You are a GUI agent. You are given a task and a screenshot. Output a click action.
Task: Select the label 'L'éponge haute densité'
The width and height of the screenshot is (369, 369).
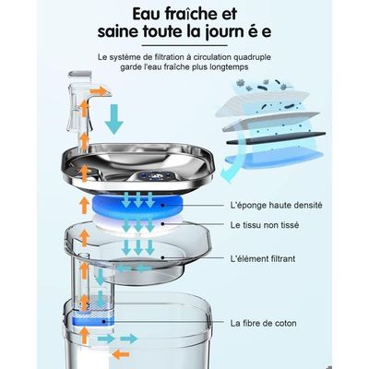276,205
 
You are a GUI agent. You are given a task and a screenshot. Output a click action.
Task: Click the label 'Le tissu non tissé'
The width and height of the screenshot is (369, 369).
265,225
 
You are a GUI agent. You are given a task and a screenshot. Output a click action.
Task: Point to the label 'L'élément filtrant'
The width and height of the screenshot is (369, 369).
263,258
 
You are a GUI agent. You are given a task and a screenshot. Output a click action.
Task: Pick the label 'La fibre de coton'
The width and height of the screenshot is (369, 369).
264,323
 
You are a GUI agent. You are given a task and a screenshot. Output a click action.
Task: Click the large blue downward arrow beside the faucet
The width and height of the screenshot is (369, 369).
113,119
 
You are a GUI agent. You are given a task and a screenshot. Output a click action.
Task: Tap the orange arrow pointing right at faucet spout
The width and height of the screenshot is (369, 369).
99,91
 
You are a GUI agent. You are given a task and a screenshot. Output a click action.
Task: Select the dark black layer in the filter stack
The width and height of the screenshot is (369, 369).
276,138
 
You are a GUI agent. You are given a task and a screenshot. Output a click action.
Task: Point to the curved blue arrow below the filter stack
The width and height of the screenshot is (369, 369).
228,174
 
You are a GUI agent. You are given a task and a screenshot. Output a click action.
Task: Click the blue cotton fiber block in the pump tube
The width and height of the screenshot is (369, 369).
92,320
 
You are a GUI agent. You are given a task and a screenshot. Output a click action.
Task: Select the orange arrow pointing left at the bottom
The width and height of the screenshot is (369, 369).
120,354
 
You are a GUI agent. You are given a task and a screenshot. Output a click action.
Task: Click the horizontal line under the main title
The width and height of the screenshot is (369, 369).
184,46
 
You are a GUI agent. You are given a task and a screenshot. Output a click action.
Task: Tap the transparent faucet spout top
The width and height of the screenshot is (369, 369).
80,75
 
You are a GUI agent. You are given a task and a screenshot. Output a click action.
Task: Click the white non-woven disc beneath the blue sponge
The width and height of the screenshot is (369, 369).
138,223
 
